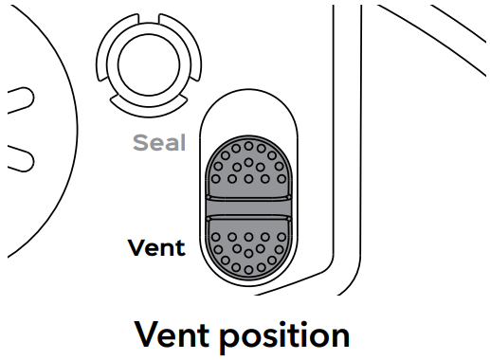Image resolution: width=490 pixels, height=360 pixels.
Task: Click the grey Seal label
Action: (158, 144)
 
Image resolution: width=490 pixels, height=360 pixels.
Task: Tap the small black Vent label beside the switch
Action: (156, 248)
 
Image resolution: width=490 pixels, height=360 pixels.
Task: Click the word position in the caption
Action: (289, 335)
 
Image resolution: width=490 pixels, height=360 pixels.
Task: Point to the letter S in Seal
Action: (138, 144)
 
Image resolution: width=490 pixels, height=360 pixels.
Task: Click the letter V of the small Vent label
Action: (135, 248)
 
